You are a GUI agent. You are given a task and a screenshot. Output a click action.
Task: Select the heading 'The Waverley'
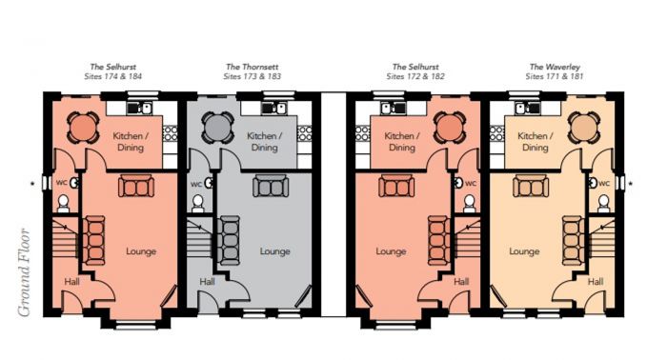555,67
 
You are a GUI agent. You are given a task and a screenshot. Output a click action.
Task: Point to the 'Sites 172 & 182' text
416,75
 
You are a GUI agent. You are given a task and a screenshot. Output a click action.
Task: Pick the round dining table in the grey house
217,127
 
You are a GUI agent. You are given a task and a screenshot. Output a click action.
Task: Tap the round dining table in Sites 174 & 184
84,127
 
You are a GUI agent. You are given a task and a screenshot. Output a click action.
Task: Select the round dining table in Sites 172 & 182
447,127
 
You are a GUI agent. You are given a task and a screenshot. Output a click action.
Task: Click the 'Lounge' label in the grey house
276,251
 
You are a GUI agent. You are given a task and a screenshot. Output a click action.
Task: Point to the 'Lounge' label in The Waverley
524,251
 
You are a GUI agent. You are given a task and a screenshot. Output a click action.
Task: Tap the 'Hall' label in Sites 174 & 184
71,282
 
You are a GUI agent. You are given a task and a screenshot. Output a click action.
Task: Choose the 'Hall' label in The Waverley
596,282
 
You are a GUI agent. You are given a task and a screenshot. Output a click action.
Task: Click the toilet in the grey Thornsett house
198,203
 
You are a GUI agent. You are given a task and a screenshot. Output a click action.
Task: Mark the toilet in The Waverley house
602,203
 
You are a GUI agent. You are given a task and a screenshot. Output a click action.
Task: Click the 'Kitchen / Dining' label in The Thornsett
264,142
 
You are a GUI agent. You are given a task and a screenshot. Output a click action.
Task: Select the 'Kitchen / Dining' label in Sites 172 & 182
400,142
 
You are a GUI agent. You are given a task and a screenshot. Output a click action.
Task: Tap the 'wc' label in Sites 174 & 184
61,183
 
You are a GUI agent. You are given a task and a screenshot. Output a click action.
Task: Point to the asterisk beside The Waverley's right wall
631,179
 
